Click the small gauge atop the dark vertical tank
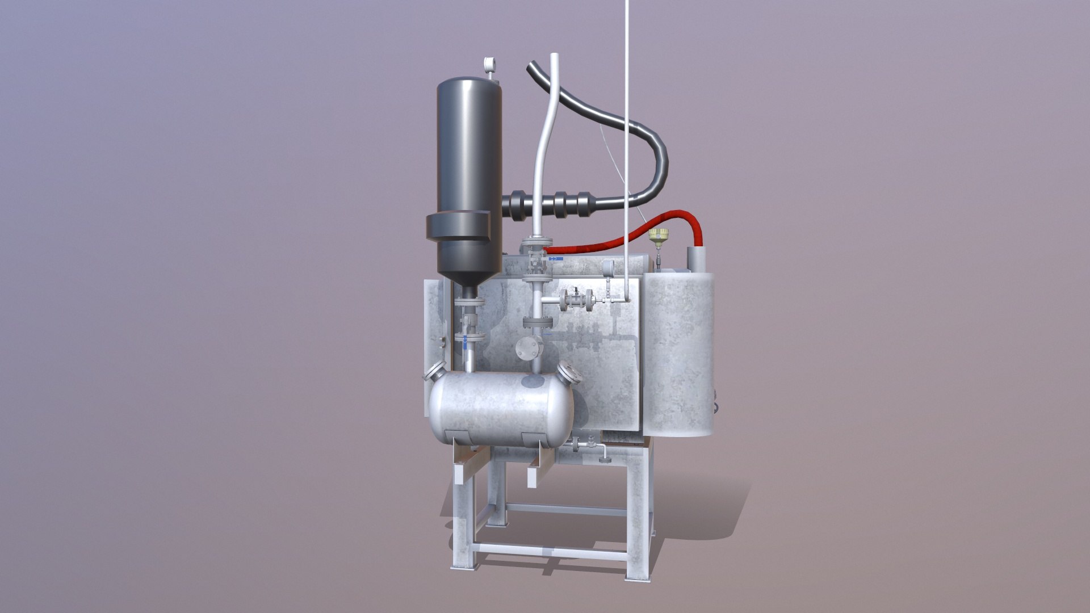click(91, 64)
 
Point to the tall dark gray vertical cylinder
click(469, 148)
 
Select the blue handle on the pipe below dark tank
click(466, 341)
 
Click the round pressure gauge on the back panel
click(608, 264)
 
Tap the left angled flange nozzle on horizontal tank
click(436, 372)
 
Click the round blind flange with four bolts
click(525, 347)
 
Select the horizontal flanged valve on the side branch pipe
click(576, 300)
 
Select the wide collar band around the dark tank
click(459, 227)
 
